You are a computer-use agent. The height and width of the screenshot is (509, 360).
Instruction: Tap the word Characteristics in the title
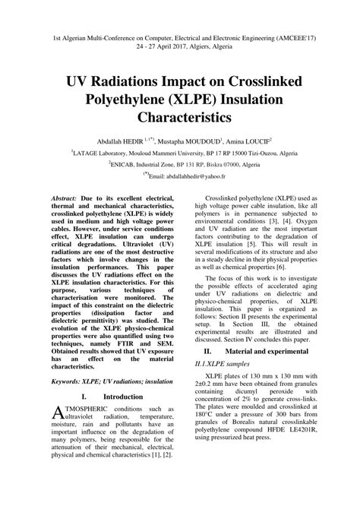[180, 117]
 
